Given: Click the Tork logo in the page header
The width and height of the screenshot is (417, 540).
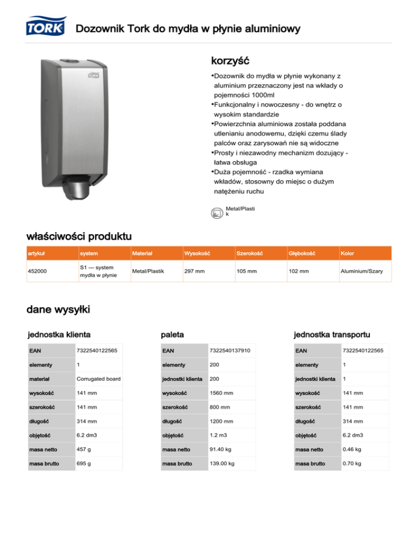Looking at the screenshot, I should click(45, 27).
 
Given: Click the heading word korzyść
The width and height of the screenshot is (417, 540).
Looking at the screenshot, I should click(230, 58).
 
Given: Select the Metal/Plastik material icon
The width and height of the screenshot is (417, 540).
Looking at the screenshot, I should click(216, 212).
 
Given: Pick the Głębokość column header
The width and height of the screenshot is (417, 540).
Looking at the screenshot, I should click(300, 253).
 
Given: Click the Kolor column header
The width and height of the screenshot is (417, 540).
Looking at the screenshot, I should click(347, 253).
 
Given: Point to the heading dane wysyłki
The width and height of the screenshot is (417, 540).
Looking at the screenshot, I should click(58, 310).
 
